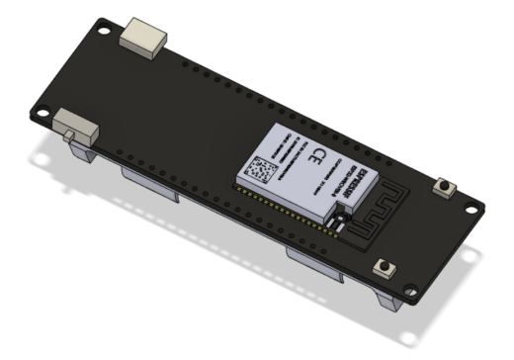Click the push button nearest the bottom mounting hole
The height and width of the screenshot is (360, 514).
tap(383, 268)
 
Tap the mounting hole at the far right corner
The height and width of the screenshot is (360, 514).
tap(477, 209)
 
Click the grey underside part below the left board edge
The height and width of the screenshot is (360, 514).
tap(148, 184)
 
